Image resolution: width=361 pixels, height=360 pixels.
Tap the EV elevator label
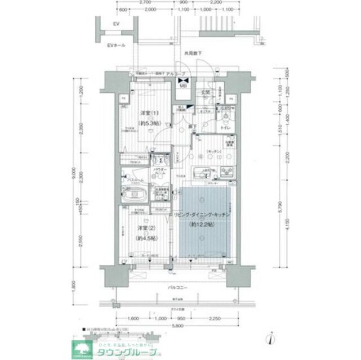116,25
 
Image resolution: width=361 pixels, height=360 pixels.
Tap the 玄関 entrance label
206,91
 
